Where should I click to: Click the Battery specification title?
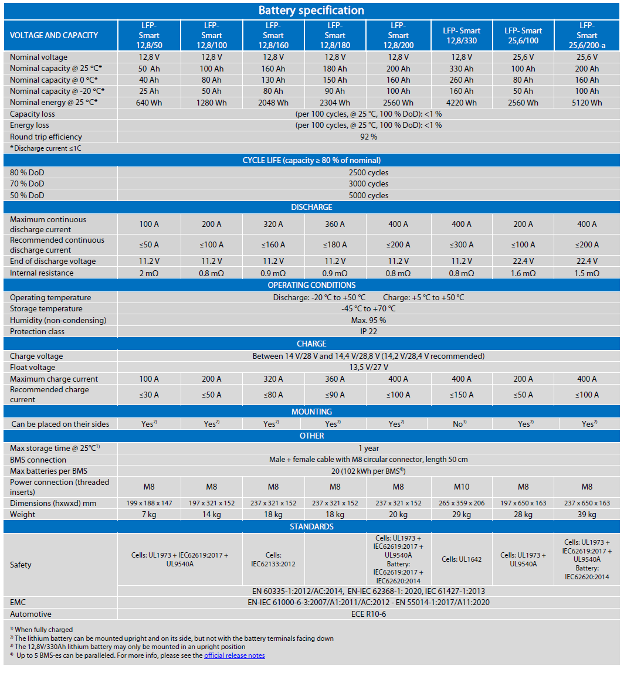pyautogui.click(x=311, y=11)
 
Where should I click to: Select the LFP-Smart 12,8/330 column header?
pyautogui.click(x=462, y=35)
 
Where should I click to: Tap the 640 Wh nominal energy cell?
pyautogui.click(x=149, y=103)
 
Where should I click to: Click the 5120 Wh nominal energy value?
pyautogui.click(x=586, y=103)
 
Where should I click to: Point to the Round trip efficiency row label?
pyautogui.click(x=46, y=137)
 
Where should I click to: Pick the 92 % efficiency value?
pyautogui.click(x=368, y=137)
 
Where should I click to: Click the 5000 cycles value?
pyautogui.click(x=368, y=195)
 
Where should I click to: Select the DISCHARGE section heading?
pyautogui.click(x=311, y=207)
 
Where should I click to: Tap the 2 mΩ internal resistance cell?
pyautogui.click(x=149, y=273)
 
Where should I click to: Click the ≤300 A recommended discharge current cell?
pyautogui.click(x=462, y=244)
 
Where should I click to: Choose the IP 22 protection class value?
pyautogui.click(x=368, y=331)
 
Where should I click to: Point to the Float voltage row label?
pyautogui.click(x=33, y=367)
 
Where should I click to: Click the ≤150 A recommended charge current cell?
pyautogui.click(x=462, y=395)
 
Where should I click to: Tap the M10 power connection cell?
pyautogui.click(x=462, y=487)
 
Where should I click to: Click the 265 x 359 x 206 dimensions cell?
pyautogui.click(x=462, y=503)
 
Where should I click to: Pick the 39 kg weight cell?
pyautogui.click(x=586, y=514)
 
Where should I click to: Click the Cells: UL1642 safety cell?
pyautogui.click(x=462, y=559)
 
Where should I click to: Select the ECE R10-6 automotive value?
pyautogui.click(x=368, y=614)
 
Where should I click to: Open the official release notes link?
pyautogui.click(x=235, y=655)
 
